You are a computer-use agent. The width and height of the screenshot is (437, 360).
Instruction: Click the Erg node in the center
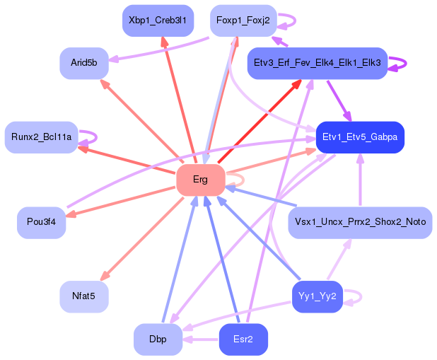pos(200,180)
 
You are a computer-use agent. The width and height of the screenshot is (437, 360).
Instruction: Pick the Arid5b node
pos(83,63)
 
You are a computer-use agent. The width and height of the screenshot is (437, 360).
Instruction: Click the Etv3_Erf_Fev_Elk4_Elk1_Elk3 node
pos(316,63)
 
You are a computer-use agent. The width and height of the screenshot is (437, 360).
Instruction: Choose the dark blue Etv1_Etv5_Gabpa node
pos(359,137)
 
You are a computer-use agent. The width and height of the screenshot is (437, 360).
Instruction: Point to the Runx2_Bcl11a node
pos(41,137)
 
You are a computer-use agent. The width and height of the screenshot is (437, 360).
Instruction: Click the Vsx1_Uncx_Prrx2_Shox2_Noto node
pos(359,222)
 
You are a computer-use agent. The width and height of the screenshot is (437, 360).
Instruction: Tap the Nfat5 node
pos(83,296)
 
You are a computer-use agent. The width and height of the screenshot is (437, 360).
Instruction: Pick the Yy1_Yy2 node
pos(317,296)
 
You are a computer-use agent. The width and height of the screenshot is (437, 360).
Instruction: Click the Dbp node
pos(158,339)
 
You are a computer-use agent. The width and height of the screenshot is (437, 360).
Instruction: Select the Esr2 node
pos(243,339)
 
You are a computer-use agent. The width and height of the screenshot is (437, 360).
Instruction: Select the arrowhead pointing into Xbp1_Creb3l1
pos(164,42)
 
